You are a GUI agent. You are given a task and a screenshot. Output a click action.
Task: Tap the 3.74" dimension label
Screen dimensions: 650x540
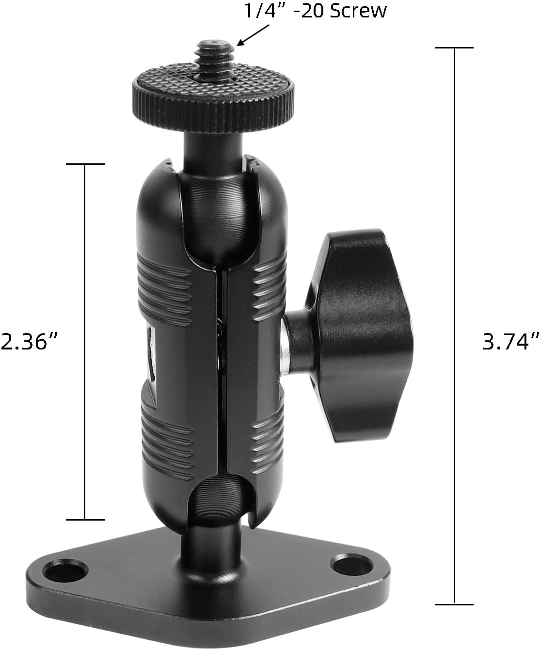click(510, 342)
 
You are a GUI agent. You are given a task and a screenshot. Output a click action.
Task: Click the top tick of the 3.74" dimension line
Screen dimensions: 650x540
click(454, 48)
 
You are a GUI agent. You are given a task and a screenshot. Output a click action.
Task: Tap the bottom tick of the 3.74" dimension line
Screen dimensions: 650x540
click(454, 604)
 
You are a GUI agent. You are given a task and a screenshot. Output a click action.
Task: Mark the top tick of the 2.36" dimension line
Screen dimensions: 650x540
click(85, 164)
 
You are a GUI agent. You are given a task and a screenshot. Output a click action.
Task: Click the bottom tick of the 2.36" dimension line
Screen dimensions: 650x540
click(85, 520)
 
